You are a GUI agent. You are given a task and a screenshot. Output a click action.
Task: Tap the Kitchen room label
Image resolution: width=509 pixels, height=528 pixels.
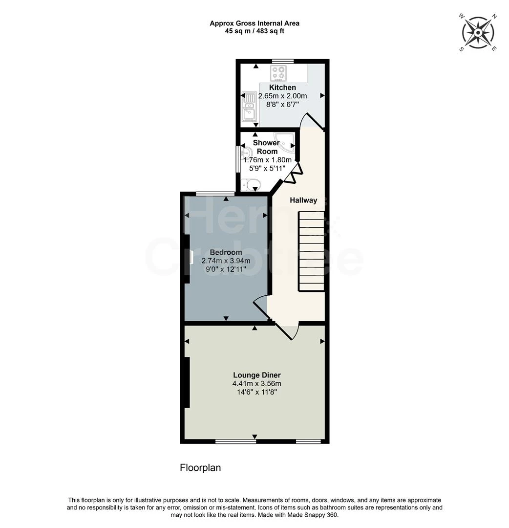tap(282, 88)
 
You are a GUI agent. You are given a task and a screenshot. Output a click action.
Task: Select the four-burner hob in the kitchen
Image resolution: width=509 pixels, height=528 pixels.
tap(278, 73)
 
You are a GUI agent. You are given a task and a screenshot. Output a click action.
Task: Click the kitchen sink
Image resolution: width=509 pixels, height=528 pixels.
tap(249, 107)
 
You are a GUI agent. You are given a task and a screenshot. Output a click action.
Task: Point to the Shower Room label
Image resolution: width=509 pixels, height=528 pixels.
tap(267, 147)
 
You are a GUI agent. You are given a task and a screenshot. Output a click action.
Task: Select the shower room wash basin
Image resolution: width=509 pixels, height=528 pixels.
tap(246, 154)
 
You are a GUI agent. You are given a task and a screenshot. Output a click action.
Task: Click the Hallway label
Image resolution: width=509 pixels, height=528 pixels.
tap(303, 200)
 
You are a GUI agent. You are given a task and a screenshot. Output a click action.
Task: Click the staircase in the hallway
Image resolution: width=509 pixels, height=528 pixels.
tap(311, 251)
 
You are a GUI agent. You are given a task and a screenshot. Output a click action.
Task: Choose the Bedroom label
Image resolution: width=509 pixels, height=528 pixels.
tap(226, 252)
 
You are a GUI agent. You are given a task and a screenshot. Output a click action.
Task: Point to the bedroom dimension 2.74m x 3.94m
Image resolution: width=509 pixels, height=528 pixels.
tap(226, 261)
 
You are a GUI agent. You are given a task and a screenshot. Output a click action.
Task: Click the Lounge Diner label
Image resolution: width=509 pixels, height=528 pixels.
tap(256, 375)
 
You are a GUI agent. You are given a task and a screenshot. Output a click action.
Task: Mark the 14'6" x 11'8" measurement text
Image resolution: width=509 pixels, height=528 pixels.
tap(256, 392)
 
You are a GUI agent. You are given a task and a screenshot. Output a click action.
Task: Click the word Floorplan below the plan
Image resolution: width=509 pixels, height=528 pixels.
tap(200, 468)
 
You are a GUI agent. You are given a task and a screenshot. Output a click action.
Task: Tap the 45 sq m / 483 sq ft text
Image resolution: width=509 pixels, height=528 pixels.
tap(254, 31)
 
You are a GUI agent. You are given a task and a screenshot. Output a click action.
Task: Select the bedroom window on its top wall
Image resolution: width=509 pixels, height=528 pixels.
tap(215, 193)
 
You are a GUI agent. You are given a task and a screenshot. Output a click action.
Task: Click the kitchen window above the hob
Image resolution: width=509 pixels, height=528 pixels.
tap(283, 61)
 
